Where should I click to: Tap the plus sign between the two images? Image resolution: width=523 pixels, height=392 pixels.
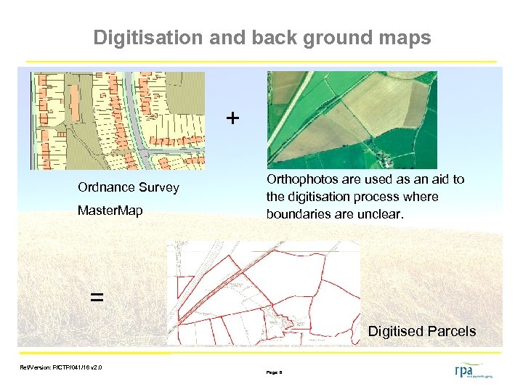232,118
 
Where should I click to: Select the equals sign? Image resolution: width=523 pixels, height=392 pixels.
96,296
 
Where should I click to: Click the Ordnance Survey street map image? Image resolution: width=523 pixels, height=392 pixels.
118,121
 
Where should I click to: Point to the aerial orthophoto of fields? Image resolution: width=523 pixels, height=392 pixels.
352,120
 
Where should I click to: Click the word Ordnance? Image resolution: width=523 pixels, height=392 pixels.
107,187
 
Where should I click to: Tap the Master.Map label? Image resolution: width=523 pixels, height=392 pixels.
110,211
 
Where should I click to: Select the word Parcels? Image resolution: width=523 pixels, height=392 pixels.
453,332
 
